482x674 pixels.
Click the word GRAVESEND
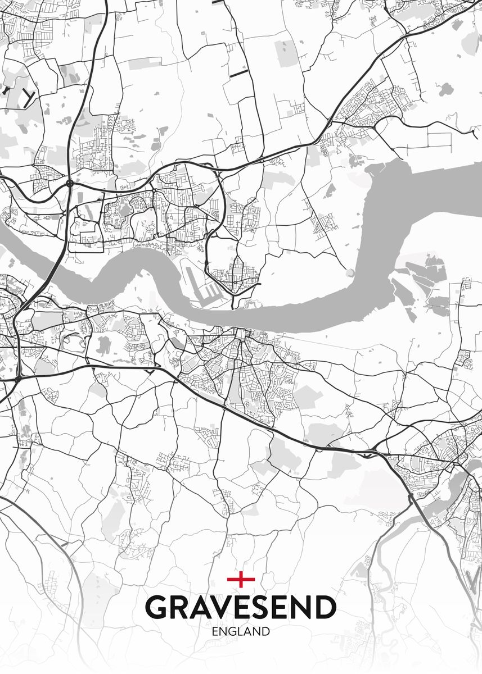(x=241, y=607)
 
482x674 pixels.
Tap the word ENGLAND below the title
(x=241, y=631)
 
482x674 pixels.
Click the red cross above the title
(x=241, y=579)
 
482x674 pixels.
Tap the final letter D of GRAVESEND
(x=325, y=607)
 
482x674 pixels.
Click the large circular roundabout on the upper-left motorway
(x=69, y=183)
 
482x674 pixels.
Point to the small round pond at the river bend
(x=350, y=273)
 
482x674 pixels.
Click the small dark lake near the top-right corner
(x=446, y=89)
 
